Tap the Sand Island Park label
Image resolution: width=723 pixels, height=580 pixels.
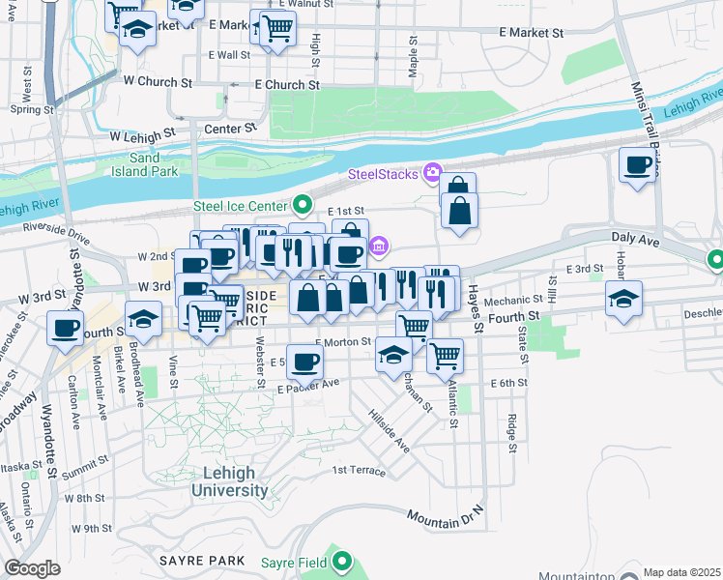click(x=144, y=164)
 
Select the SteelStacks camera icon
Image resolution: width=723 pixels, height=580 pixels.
click(x=432, y=173)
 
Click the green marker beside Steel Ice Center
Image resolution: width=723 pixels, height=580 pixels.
click(x=303, y=205)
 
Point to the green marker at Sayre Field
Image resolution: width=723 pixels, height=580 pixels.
click(x=341, y=560)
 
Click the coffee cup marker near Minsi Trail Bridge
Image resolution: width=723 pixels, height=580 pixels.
click(x=637, y=166)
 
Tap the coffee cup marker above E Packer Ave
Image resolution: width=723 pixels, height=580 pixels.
click(x=305, y=362)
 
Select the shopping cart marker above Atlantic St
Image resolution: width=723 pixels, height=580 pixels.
click(x=445, y=355)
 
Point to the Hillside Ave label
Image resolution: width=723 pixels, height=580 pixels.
click(x=389, y=430)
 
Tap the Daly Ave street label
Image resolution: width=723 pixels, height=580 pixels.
click(x=634, y=237)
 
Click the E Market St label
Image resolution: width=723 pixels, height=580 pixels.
click(x=532, y=33)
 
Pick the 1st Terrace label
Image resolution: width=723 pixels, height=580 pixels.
click(x=359, y=471)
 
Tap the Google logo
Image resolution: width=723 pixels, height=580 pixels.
click(x=32, y=568)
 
